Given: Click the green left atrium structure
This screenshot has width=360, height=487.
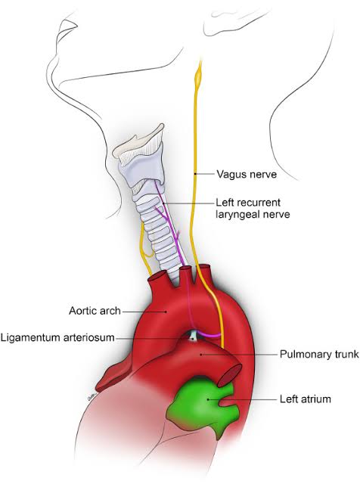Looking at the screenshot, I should pos(202,401).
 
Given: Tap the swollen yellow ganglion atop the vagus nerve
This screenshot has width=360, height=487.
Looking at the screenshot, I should pos(200,75).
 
